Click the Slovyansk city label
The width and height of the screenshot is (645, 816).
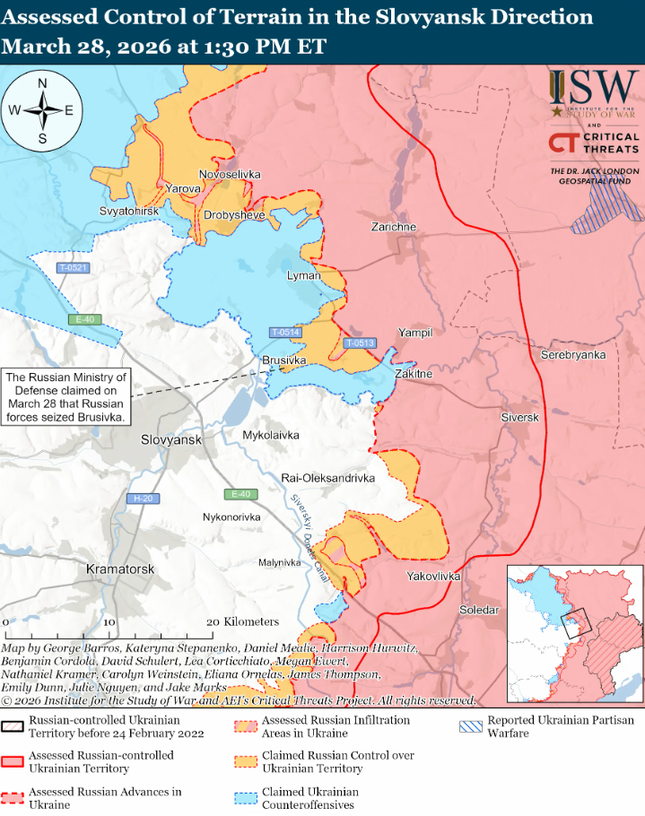click(x=171, y=440)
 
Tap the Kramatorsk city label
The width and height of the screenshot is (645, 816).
click(x=121, y=569)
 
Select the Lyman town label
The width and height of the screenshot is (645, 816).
click(x=303, y=275)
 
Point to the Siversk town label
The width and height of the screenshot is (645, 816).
click(x=519, y=418)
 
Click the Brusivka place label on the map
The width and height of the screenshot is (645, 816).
click(x=284, y=360)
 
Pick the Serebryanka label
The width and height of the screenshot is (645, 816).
click(x=573, y=355)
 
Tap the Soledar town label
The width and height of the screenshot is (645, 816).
click(x=478, y=610)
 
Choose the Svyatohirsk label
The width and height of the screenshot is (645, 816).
click(x=129, y=210)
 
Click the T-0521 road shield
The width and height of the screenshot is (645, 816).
click(x=73, y=268)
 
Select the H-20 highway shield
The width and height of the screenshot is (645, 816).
click(x=142, y=499)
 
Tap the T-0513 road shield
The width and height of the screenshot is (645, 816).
click(x=360, y=343)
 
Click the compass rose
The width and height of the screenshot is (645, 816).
click(x=42, y=111)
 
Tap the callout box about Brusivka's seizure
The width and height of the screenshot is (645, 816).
click(x=66, y=397)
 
